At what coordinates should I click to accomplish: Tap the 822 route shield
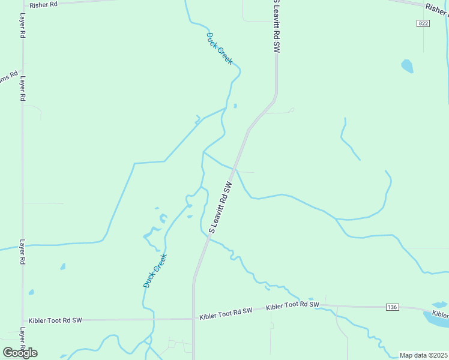point(423,23)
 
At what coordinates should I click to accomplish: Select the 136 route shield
point(393,307)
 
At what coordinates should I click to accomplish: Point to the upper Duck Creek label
point(219,49)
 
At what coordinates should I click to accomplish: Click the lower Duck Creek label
point(155,271)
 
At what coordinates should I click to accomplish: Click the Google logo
point(20,352)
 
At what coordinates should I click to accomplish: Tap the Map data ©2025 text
point(423,355)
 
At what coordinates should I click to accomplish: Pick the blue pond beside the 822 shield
point(408,66)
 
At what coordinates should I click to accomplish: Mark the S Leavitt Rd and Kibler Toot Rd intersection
point(193,318)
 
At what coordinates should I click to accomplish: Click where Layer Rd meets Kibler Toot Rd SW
point(23,321)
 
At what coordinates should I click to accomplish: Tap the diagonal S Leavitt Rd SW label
point(220,207)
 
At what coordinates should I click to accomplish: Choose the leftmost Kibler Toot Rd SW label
point(55,320)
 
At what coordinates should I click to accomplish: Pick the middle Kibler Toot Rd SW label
point(225,312)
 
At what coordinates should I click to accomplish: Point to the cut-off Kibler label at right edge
point(440,314)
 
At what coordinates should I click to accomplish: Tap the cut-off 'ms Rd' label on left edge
point(8,77)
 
